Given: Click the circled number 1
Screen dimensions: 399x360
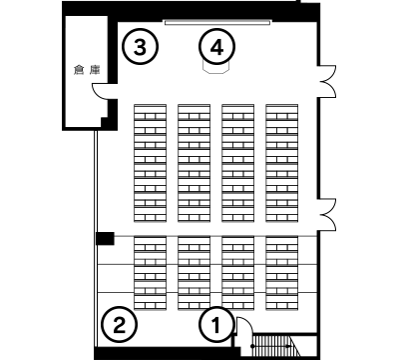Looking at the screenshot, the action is coord(216,324).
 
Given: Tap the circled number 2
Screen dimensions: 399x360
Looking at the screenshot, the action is coord(119,324).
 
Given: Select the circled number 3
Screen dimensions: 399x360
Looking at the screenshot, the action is coord(140,46).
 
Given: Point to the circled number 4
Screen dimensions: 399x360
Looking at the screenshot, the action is coord(216,46).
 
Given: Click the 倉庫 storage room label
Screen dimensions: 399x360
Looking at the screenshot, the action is coord(87,70).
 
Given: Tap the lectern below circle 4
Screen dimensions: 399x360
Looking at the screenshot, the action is coord(216,68).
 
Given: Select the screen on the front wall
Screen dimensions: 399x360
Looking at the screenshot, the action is coord(217,22).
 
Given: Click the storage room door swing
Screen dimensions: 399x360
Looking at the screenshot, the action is coord(100,91).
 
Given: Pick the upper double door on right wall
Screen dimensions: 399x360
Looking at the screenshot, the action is coord(327,82).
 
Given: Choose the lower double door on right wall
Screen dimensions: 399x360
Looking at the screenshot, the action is coord(327,214).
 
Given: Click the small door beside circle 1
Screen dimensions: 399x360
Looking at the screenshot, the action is coord(243,326).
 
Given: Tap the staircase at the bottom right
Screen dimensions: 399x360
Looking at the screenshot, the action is coord(276,346).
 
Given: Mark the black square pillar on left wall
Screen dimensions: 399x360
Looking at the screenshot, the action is coord(105,238).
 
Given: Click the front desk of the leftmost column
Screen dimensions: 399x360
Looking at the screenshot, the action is coord(150,108).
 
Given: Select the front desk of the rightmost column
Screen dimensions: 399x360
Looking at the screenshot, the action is coord(281,108).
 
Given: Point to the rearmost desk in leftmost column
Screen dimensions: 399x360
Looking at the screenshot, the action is coord(150,302).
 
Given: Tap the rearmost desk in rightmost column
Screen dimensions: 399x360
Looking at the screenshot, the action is coord(281,302).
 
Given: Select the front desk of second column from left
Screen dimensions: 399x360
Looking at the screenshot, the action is coord(194,108).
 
